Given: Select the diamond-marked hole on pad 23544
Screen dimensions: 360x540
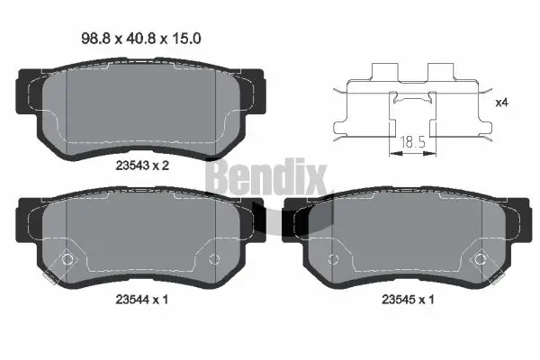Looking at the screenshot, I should tap(65, 261).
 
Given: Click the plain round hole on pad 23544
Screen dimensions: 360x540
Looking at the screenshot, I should tap(213, 260).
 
